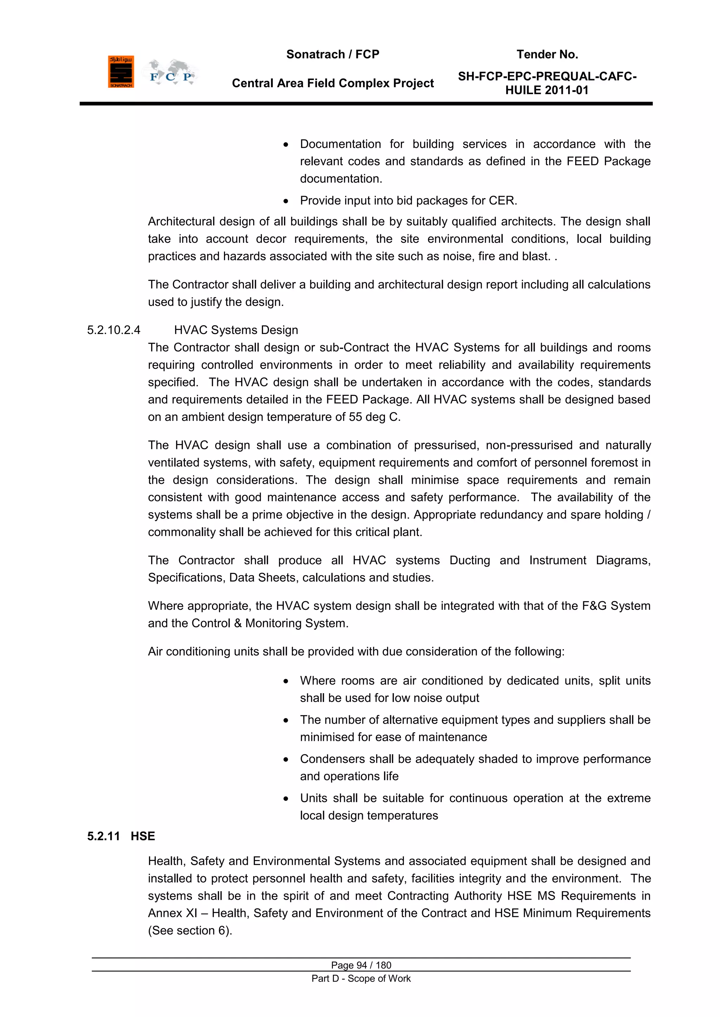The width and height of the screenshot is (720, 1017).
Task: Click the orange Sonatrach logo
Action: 121,71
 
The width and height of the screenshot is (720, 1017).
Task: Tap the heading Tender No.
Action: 547,54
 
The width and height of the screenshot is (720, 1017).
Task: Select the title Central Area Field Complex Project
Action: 333,83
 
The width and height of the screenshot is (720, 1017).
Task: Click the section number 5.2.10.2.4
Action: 114,330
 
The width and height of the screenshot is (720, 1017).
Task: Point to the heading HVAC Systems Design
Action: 236,330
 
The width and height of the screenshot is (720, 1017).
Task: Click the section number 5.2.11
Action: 103,836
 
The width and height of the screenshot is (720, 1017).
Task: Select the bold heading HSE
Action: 143,836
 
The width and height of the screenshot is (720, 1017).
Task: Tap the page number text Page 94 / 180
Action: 361,965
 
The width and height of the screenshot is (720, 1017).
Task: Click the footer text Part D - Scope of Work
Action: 361,978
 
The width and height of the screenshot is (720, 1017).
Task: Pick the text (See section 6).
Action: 190,931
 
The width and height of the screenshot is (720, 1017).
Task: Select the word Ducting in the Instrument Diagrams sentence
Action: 469,560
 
